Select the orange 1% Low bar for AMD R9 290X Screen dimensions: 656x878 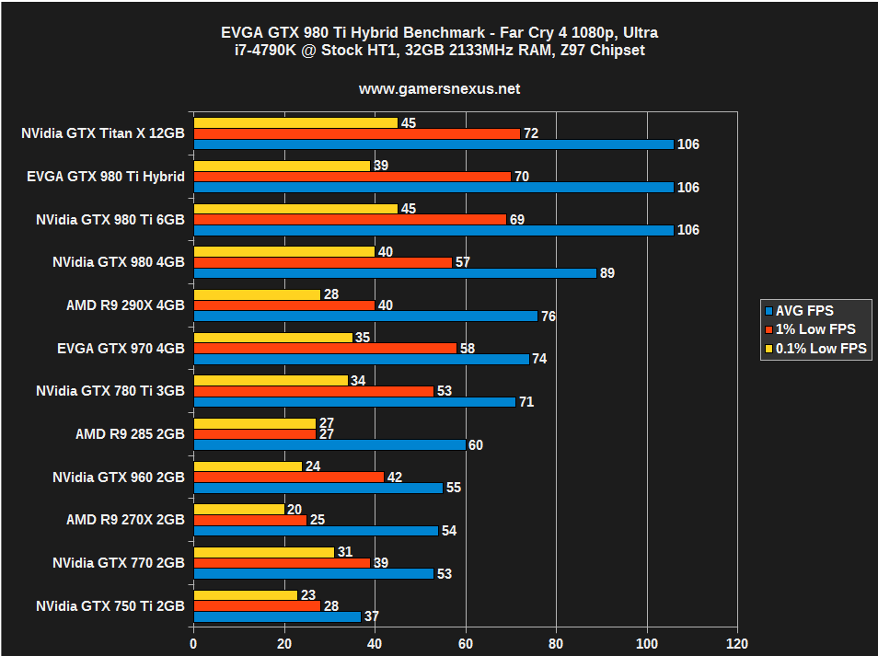click(x=284, y=305)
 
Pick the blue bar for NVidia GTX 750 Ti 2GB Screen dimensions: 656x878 click(x=277, y=616)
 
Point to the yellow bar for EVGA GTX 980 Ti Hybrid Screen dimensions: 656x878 click(x=282, y=166)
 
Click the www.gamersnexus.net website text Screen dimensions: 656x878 click(x=439, y=89)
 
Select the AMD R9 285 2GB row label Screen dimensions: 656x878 click(x=130, y=434)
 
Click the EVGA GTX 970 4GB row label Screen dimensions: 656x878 click(x=121, y=348)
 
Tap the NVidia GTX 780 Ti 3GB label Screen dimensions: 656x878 click(x=110, y=391)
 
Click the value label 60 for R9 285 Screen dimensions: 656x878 click(x=475, y=445)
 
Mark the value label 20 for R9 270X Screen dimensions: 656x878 click(x=294, y=509)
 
